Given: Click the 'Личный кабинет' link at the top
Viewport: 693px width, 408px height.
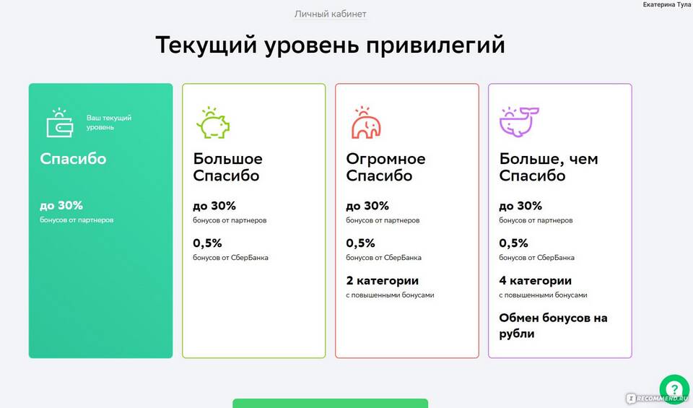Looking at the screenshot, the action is [x=330, y=14].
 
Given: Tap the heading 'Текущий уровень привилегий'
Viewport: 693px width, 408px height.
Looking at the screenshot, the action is [x=330, y=45].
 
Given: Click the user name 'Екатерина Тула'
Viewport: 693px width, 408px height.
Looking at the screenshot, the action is [x=666, y=4].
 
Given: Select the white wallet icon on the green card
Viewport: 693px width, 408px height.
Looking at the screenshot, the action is [x=60, y=123].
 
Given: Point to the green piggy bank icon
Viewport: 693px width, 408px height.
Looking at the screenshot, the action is [x=213, y=123].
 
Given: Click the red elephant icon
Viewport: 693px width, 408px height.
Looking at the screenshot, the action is [x=366, y=123].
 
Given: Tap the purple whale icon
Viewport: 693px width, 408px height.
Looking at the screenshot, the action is [x=519, y=122].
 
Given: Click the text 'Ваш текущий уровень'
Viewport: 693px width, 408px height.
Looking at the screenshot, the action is [x=109, y=123].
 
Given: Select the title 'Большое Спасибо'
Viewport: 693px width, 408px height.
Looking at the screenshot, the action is [x=227, y=167].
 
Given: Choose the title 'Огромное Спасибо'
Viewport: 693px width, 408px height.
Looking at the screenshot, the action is [x=385, y=167].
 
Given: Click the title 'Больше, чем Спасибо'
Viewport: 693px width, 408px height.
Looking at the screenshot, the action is [x=549, y=167].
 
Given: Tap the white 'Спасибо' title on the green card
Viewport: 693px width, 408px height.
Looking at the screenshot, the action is [x=73, y=159].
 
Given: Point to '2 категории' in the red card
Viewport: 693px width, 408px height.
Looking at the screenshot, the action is [x=383, y=281].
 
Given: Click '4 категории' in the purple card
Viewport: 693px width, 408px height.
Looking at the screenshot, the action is [x=535, y=281].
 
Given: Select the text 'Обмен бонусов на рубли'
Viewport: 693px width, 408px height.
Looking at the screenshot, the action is [x=554, y=326].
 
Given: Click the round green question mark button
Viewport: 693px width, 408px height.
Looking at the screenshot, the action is [x=674, y=389].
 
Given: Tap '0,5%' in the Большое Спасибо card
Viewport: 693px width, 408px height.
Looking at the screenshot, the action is [x=207, y=243].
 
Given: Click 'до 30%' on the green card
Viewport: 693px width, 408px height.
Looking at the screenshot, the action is [x=61, y=206].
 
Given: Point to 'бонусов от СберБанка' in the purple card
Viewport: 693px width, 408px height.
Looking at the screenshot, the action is [x=536, y=257].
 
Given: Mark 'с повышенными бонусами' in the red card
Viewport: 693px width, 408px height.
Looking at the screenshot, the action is [x=390, y=295].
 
